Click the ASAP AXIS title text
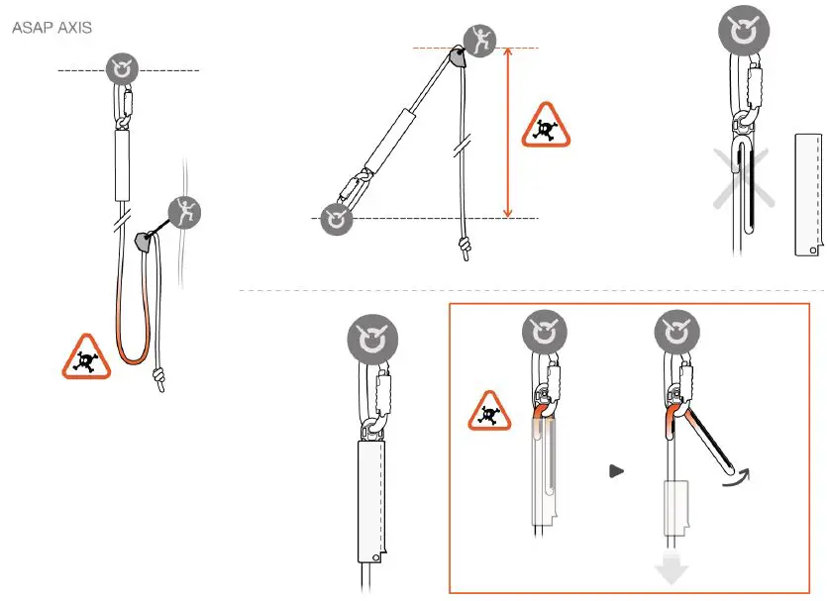[x=52, y=28]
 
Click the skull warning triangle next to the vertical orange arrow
[x=546, y=126]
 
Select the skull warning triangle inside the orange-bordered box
[x=489, y=412]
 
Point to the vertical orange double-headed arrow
[x=508, y=133]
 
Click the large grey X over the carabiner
[x=743, y=178]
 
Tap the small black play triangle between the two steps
[x=616, y=471]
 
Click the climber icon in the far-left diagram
[x=183, y=212]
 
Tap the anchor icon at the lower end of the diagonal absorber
[x=337, y=219]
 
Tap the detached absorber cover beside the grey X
[x=809, y=193]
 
